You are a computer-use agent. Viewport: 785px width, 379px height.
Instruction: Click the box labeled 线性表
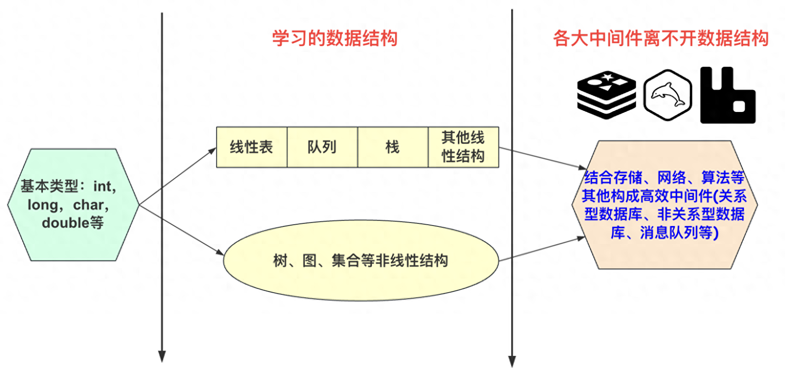click(x=252, y=147)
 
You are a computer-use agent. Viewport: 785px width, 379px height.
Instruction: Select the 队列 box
click(x=322, y=147)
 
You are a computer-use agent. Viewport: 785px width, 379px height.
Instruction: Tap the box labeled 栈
click(x=392, y=147)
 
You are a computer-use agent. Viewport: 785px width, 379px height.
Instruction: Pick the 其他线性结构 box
click(x=463, y=147)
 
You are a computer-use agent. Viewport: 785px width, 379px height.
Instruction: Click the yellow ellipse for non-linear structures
click(x=361, y=260)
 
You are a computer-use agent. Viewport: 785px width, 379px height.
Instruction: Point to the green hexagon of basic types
click(x=73, y=205)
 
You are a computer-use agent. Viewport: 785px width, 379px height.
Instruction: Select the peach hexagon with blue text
click(x=665, y=205)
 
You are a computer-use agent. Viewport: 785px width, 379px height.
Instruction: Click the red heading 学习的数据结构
click(x=335, y=38)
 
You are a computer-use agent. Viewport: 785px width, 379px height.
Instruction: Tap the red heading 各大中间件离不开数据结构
click(x=660, y=38)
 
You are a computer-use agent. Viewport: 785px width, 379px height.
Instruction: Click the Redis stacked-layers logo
click(x=606, y=95)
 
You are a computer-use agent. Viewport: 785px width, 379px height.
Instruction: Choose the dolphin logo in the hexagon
click(x=668, y=95)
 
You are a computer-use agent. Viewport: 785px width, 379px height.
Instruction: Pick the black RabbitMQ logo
click(x=728, y=95)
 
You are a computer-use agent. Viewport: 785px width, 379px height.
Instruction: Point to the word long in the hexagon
click(x=43, y=205)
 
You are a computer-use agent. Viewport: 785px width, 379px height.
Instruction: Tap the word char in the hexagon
click(x=88, y=205)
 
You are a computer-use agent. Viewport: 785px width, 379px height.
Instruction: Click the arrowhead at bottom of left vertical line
click(x=162, y=356)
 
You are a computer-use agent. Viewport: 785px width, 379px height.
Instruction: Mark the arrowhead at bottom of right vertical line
click(x=512, y=362)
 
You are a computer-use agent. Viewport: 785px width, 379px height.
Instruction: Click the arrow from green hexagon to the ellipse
click(x=181, y=230)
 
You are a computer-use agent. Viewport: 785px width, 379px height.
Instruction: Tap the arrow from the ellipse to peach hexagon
click(x=542, y=249)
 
